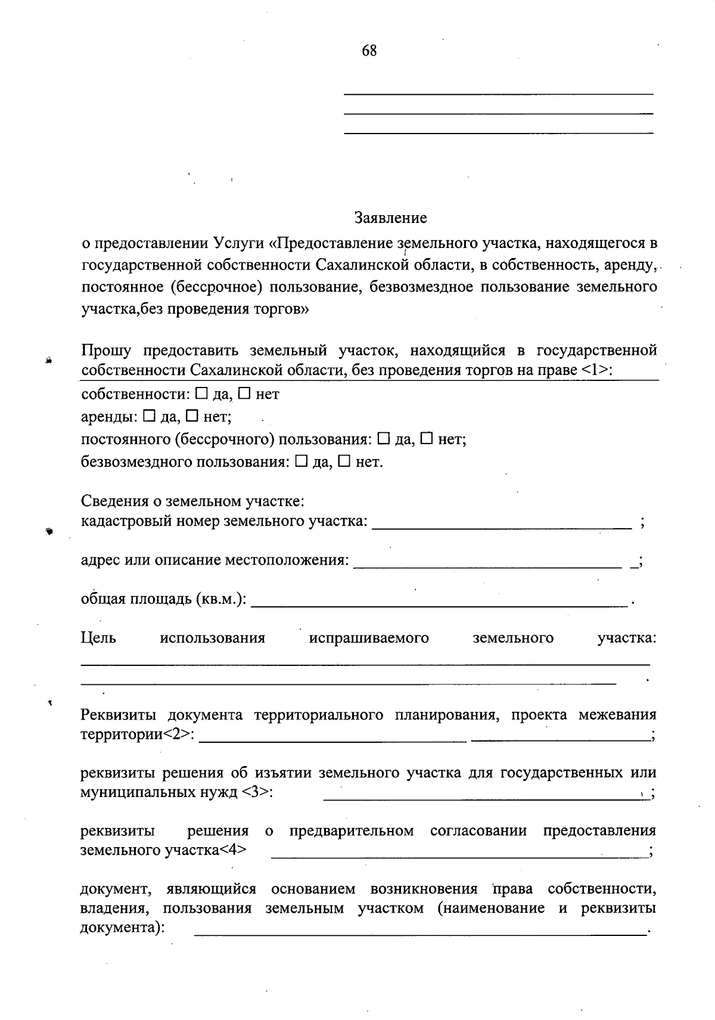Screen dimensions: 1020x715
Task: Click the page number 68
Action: (x=369, y=51)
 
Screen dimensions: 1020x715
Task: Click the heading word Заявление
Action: (x=391, y=218)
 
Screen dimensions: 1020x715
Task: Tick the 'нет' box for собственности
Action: (x=244, y=394)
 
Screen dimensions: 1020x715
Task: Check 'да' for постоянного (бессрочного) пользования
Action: (x=384, y=439)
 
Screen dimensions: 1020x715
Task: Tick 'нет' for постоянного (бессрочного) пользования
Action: (x=427, y=439)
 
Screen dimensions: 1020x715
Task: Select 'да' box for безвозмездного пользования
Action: (x=301, y=462)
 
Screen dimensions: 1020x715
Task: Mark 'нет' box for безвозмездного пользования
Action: (x=344, y=462)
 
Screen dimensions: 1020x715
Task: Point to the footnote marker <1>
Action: (x=596, y=370)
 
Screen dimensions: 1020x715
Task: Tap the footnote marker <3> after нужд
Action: (x=257, y=793)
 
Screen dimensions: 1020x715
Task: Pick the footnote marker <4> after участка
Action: (x=233, y=851)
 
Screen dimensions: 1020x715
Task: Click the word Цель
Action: (x=98, y=638)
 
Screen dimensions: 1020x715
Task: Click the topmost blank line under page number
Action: (x=499, y=94)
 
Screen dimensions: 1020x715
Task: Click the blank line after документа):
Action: (x=420, y=930)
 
